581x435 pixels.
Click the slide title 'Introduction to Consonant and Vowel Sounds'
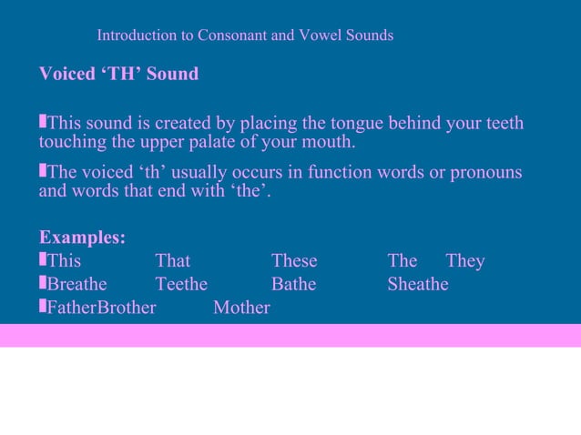[245, 36]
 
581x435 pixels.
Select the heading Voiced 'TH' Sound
[118, 74]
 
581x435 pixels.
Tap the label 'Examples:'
[82, 238]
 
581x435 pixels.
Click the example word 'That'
[173, 261]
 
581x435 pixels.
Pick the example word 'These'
[294, 261]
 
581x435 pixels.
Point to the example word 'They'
[465, 261]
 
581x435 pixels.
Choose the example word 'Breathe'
[76, 285]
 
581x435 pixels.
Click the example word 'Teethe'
[181, 285]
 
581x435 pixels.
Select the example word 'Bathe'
[293, 285]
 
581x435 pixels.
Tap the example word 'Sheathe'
[418, 285]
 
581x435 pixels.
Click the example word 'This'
[64, 261]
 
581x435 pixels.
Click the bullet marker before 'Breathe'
[42, 284]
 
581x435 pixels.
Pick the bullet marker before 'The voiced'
[42, 171]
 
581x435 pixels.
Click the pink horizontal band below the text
[290, 335]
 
